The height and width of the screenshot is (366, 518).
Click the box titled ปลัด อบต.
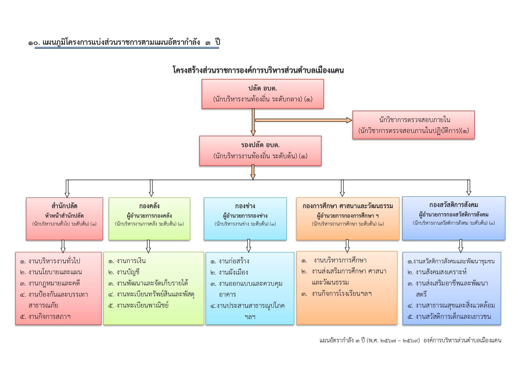[x=262, y=94]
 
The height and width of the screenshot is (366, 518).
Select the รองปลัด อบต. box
[x=260, y=151]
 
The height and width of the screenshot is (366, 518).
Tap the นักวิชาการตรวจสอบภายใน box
[x=413, y=125]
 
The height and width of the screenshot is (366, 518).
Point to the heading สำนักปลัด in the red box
[x=64, y=206]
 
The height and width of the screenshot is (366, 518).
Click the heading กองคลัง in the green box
[x=149, y=206]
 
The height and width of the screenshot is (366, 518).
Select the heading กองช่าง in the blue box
[x=245, y=206]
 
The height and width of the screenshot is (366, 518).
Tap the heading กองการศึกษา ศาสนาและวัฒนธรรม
[x=347, y=206]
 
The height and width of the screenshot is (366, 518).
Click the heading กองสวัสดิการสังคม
[x=453, y=205]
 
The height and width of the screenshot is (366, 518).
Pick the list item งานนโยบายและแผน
[x=55, y=272]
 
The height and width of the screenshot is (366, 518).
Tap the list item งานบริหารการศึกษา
[x=340, y=260]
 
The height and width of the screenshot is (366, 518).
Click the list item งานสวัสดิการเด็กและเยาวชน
[x=453, y=317]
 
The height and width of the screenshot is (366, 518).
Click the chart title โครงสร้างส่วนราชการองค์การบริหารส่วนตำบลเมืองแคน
[x=258, y=70]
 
